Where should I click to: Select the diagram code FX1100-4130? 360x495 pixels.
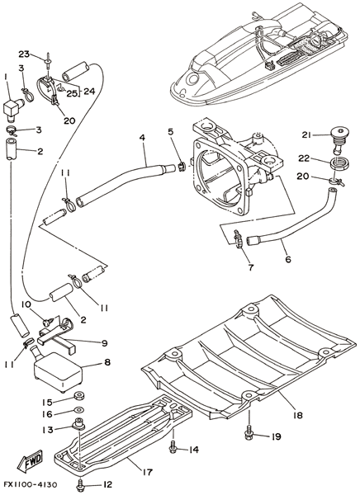pyautogui.click(x=31, y=484)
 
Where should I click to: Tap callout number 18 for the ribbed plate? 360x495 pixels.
pyautogui.click(x=296, y=414)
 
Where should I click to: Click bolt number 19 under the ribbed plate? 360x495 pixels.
pyautogui.click(x=249, y=435)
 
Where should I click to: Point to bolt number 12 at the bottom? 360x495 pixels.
pyautogui.click(x=81, y=484)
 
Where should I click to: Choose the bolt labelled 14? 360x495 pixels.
pyautogui.click(x=173, y=449)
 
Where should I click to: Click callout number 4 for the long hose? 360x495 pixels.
pyautogui.click(x=142, y=138)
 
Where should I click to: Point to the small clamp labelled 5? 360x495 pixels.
pyautogui.click(x=182, y=167)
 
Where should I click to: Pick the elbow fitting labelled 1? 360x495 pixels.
pyautogui.click(x=13, y=108)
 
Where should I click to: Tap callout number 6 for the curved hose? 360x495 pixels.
pyautogui.click(x=287, y=259)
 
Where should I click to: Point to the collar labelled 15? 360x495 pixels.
pyautogui.click(x=78, y=395)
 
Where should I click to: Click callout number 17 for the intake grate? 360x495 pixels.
pyautogui.click(x=147, y=472)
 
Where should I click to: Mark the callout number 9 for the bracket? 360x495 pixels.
pyautogui.click(x=104, y=343)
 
